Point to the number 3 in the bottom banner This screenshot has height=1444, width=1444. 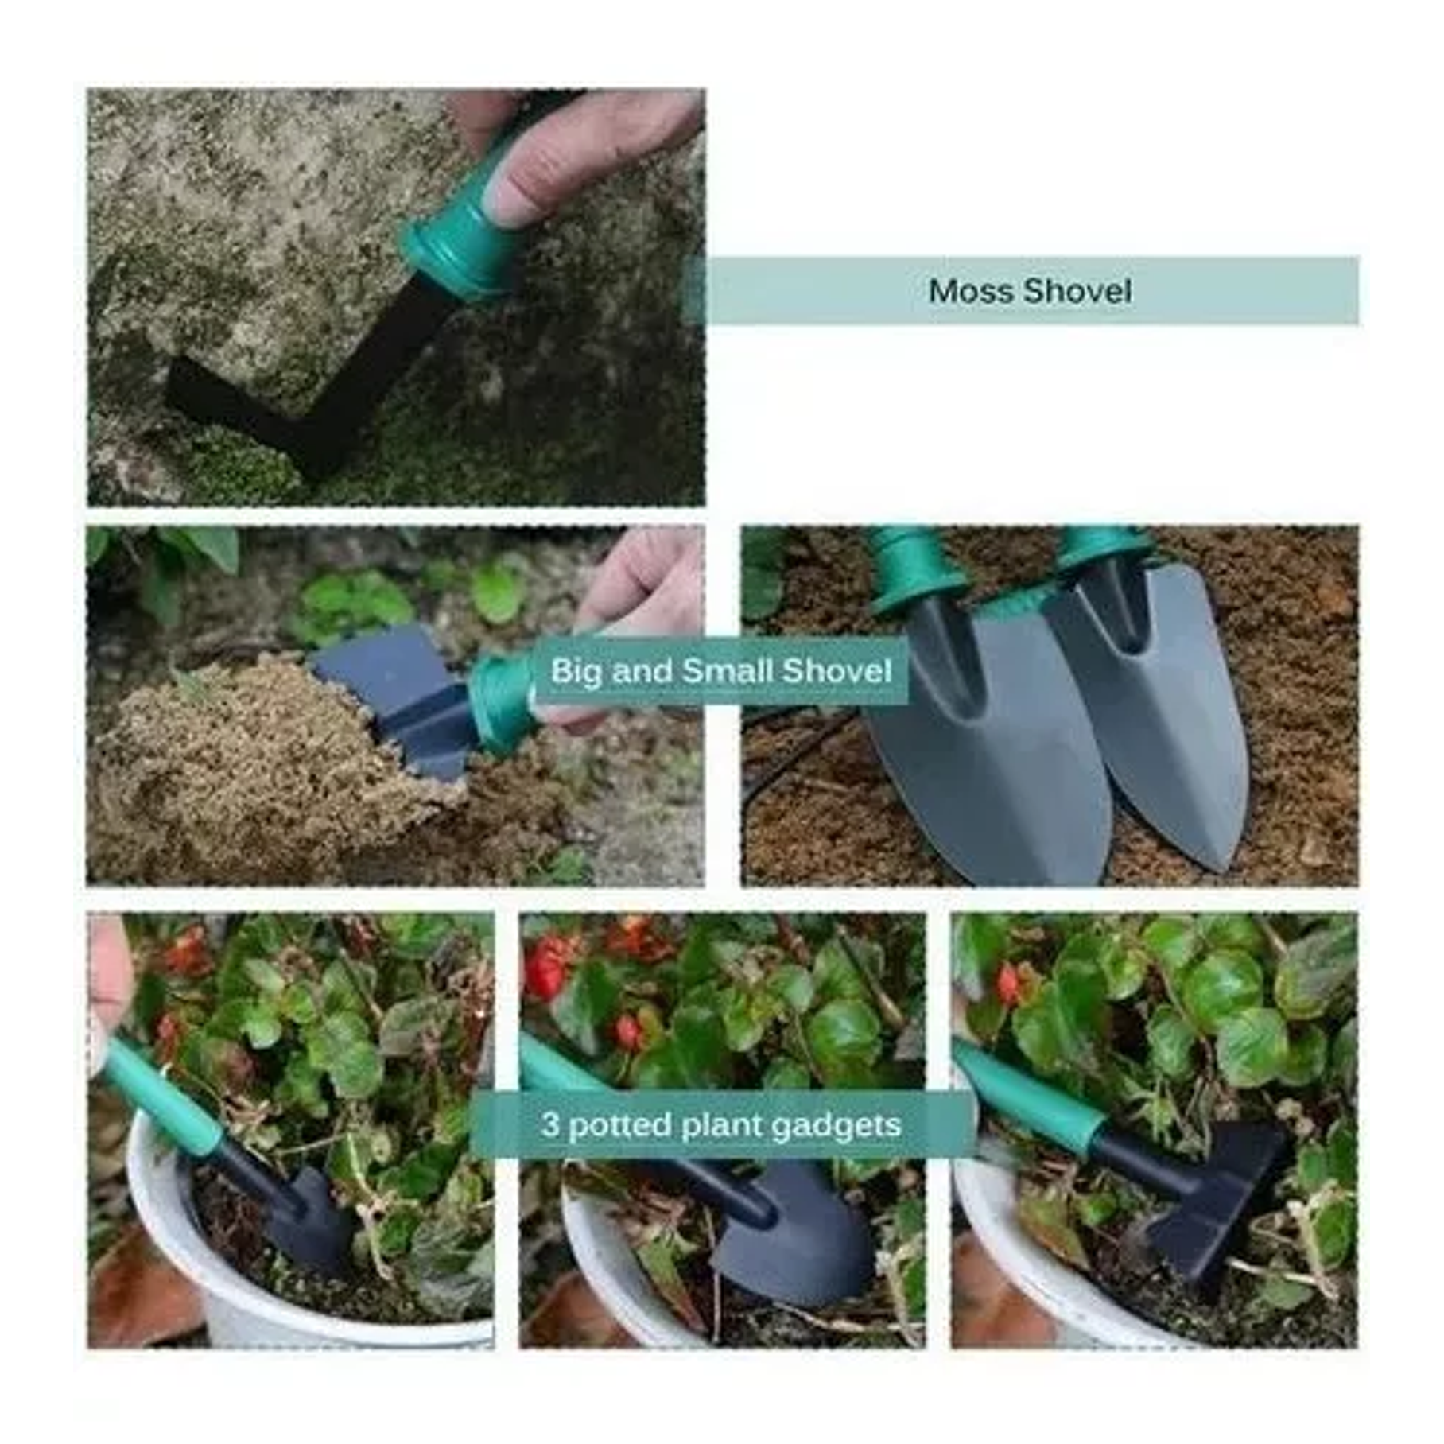point(550,1125)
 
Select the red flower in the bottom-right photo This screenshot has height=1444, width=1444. point(1008,984)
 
